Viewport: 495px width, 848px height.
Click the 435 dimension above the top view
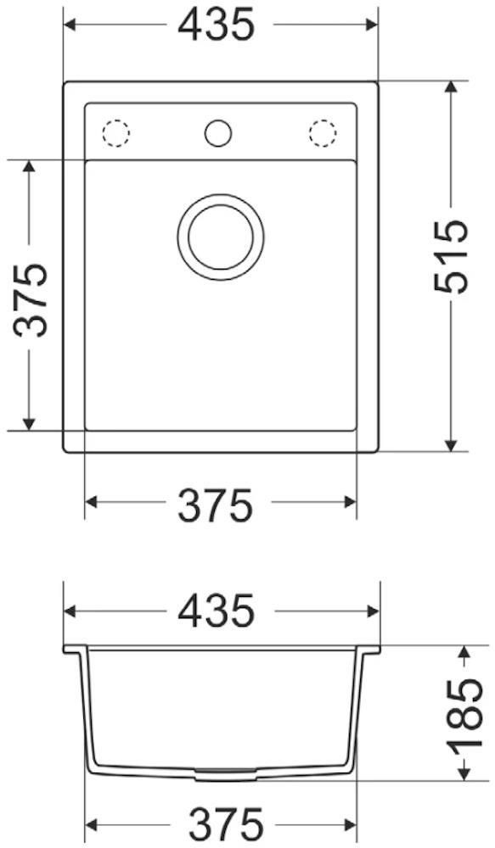(216, 25)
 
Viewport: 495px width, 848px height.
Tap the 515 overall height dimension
(451, 256)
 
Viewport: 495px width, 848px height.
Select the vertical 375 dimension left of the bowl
(31, 299)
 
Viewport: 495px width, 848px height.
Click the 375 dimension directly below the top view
(216, 505)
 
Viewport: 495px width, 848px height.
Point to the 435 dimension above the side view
(217, 611)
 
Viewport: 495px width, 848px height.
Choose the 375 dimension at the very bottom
(225, 825)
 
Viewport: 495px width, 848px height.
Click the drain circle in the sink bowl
(221, 237)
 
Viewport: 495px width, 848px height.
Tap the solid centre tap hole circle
(218, 132)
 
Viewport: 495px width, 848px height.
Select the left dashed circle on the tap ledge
(116, 132)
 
